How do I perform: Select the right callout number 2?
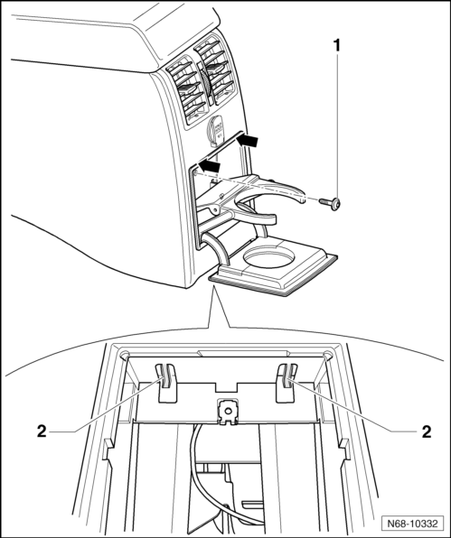coord(426,432)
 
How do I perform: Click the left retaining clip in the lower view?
coord(166,380)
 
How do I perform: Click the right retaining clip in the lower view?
coord(287,380)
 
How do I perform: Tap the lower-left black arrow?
coord(209,166)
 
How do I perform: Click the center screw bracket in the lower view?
coord(227,412)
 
